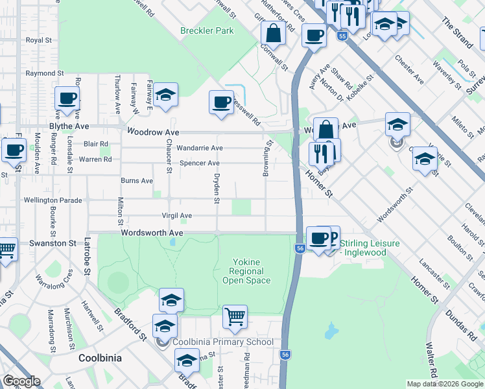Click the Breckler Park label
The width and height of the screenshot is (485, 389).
tap(206, 30)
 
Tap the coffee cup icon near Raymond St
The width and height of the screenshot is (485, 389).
tap(67, 99)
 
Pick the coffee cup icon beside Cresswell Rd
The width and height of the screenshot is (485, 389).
tap(222, 102)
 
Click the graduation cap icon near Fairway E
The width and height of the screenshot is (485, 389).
tap(165, 95)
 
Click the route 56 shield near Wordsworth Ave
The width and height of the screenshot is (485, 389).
tap(300, 248)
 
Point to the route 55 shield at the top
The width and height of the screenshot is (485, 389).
tap(342, 36)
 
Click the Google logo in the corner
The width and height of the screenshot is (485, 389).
tap(21, 381)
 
